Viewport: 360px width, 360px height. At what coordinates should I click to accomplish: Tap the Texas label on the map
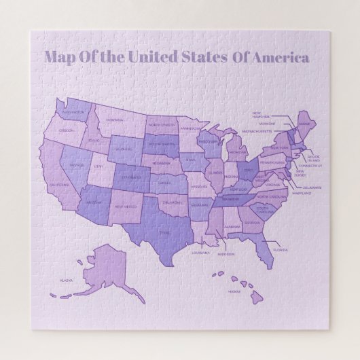(164, 232)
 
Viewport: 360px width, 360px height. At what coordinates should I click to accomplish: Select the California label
(60, 184)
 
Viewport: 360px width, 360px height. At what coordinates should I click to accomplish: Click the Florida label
(280, 249)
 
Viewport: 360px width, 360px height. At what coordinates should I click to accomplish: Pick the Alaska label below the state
(66, 280)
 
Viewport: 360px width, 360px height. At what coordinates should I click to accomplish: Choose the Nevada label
(77, 164)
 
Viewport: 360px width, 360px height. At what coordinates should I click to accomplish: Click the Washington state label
(73, 112)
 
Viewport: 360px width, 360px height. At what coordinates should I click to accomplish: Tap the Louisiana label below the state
(200, 253)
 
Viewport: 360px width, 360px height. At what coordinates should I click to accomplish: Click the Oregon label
(66, 130)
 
